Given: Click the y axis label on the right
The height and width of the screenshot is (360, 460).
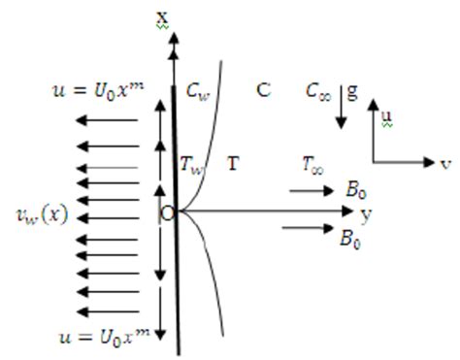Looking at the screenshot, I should [x=366, y=213].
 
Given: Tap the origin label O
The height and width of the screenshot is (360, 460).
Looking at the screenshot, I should [x=166, y=213].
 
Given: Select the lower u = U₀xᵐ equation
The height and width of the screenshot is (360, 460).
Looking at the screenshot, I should [x=95, y=336].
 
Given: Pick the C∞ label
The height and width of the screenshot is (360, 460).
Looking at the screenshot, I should [x=322, y=91].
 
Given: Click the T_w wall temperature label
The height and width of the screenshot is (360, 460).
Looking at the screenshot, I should [x=193, y=164].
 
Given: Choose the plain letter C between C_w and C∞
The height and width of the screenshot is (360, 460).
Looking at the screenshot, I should [x=263, y=90].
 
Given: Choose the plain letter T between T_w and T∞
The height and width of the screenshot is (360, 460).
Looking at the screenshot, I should [x=233, y=164].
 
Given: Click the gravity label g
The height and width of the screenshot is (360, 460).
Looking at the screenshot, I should [x=352, y=90].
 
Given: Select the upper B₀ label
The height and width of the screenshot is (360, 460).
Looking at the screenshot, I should [x=356, y=190].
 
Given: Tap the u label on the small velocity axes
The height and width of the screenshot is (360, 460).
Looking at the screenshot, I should [x=385, y=116].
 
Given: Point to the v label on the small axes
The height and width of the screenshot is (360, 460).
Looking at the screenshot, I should [x=445, y=163].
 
